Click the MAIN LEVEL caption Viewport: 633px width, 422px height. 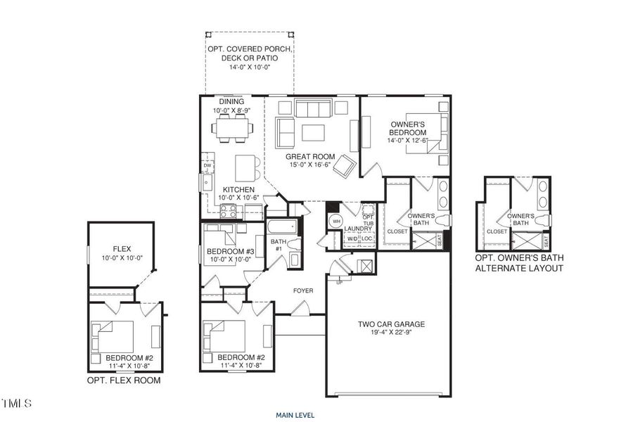point(295,414)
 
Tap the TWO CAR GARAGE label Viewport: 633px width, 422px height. point(392,324)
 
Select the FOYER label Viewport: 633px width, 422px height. point(303,290)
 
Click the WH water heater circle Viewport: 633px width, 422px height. point(336,222)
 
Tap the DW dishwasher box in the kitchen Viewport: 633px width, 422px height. point(207,166)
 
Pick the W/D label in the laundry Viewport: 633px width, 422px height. point(352,238)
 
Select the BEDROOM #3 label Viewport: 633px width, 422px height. point(230,251)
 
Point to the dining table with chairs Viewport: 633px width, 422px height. point(233,128)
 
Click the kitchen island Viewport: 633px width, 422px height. point(244,167)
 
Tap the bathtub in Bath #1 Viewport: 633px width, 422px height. point(282,229)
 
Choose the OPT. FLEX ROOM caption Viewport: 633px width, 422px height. point(123,381)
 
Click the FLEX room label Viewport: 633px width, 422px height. point(122,249)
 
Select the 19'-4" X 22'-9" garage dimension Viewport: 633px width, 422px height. point(392,334)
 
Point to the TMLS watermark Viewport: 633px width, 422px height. point(17,404)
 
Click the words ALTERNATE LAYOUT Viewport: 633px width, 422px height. point(519,269)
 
